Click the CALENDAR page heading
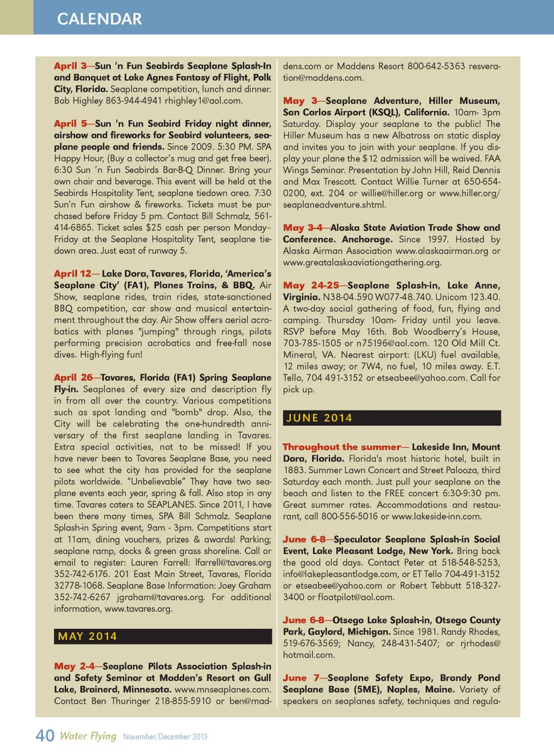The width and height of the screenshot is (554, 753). pyautogui.click(x=99, y=19)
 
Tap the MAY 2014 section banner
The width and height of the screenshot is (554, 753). pyautogui.click(x=87, y=636)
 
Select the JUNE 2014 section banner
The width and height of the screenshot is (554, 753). pyautogui.click(x=319, y=418)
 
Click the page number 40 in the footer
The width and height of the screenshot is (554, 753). pyautogui.click(x=45, y=736)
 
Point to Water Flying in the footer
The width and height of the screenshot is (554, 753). pyautogui.click(x=88, y=736)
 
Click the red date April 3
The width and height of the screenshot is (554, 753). pyautogui.click(x=70, y=66)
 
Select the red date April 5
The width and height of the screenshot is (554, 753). pyautogui.click(x=70, y=123)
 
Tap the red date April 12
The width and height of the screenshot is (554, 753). pyautogui.click(x=72, y=274)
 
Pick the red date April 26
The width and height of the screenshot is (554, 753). pyautogui.click(x=73, y=377)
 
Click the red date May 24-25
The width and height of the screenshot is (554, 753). pyautogui.click(x=310, y=285)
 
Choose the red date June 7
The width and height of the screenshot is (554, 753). pyautogui.click(x=301, y=677)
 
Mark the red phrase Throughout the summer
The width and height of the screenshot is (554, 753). pyautogui.click(x=341, y=447)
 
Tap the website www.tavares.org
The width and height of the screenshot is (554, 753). pyautogui.click(x=138, y=608)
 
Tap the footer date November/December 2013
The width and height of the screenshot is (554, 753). pyautogui.click(x=165, y=736)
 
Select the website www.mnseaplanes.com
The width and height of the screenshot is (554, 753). pyautogui.click(x=222, y=689)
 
